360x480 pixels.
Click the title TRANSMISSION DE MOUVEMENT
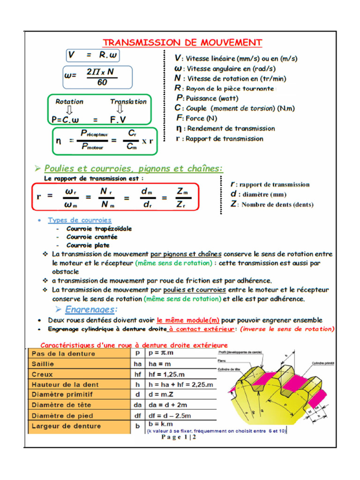coord(182,43)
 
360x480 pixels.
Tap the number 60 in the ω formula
coord(102,82)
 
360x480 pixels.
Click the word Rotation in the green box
coord(69,102)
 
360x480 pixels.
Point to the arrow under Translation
coord(120,110)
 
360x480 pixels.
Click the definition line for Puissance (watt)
coord(207,98)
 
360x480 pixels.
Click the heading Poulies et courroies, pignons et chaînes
coord(133,168)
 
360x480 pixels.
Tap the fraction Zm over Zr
coord(182,198)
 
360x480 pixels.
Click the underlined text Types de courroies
coord(80,220)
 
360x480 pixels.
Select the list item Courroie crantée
coord(92,237)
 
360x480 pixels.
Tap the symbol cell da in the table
coord(137,405)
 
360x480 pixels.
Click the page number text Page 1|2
coord(179,438)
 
